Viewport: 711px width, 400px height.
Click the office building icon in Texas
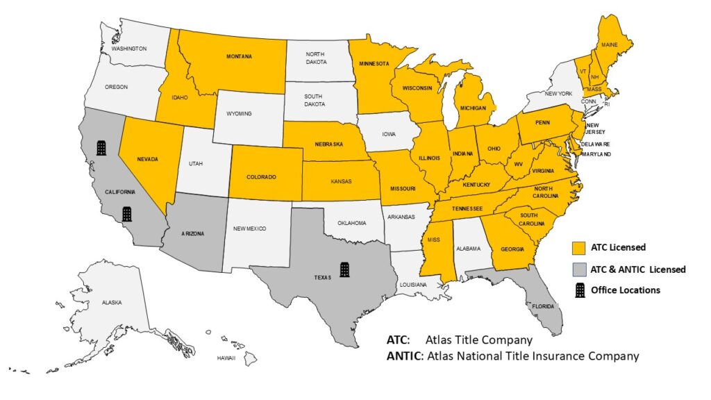point(344,269)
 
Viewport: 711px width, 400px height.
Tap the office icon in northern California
point(101,147)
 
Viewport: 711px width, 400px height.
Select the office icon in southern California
point(127,213)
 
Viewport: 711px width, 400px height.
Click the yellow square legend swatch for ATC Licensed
point(577,247)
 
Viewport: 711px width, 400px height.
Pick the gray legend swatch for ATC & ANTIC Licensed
point(577,269)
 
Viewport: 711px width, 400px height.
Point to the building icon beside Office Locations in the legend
point(577,290)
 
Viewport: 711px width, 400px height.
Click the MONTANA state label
point(239,56)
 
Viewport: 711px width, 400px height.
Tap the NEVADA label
point(147,159)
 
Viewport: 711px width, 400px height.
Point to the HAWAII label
point(226,358)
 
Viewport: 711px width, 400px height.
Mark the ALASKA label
point(111,303)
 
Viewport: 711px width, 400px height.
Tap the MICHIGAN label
point(471,109)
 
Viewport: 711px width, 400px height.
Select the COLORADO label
point(261,177)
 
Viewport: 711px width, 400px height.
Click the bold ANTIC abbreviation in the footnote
point(405,356)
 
